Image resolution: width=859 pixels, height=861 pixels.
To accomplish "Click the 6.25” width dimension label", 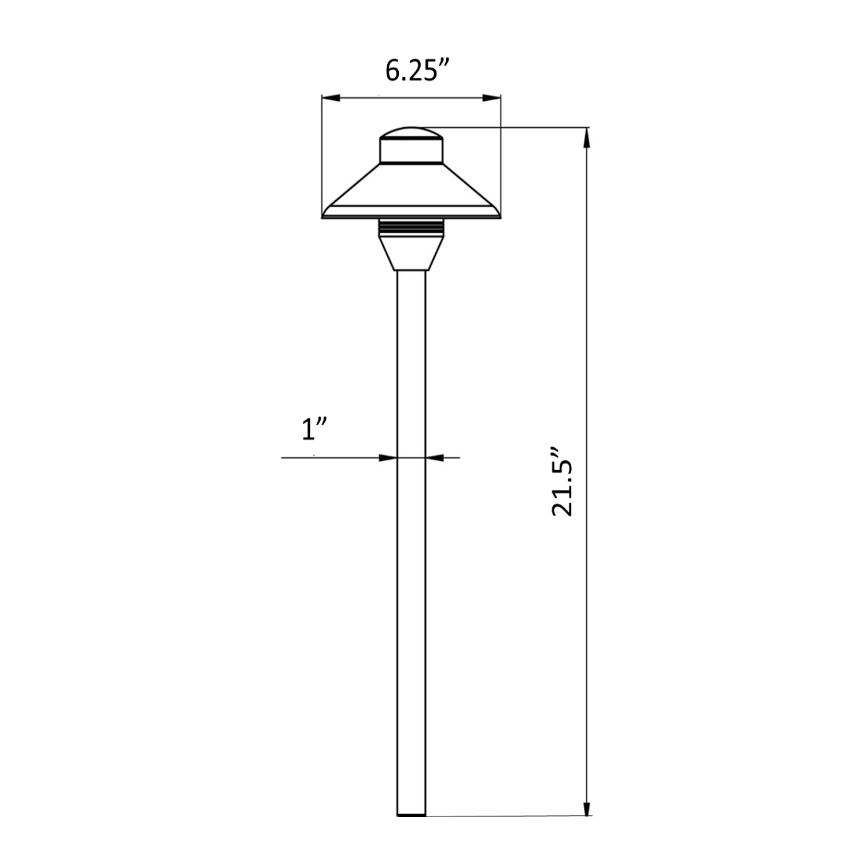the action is pos(418,71).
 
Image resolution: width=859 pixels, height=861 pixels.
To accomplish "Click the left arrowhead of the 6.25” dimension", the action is pos(331,98).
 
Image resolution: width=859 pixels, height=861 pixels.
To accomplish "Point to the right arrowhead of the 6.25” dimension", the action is pos(492,98).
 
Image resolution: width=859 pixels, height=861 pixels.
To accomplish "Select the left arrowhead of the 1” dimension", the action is pos(387,458).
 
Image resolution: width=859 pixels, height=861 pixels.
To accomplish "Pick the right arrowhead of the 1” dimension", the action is pos(435,458).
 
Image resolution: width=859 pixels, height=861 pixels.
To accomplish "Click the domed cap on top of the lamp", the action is pos(411,132).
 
